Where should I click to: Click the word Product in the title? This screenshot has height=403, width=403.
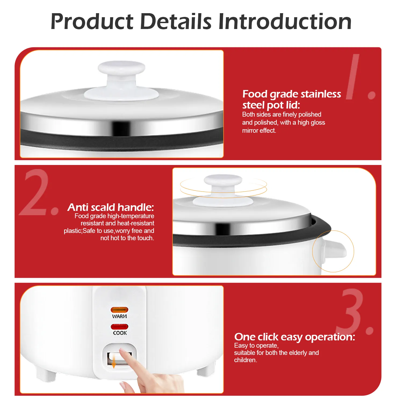92,21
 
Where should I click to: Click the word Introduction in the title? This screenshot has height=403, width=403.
285,21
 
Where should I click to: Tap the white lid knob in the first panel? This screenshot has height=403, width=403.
121,78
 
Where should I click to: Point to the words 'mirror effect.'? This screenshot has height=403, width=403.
259,131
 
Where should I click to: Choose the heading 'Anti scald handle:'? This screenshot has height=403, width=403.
111,207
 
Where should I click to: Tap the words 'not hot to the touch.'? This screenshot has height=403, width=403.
127,238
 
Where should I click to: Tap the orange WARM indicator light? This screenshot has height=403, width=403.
120,310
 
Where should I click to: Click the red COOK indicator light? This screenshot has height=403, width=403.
120,327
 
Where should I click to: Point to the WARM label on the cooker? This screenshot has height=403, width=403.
120,316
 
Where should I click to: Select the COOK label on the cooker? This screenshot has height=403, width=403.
120,333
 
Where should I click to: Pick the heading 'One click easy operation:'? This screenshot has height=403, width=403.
295,337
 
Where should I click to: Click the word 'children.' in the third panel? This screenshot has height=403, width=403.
246,360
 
